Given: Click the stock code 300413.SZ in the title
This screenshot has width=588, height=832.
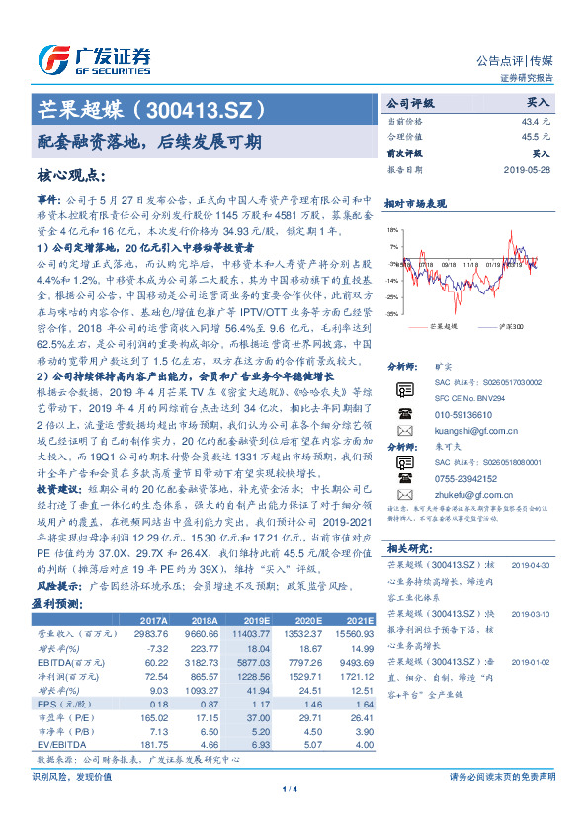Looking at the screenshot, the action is pos(209,109).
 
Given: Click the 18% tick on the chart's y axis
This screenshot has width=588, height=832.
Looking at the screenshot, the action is pos(393,228).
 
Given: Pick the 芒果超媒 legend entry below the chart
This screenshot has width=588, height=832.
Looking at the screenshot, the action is pos(446,325).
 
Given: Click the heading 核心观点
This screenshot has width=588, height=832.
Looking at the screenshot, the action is pos(71,175).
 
